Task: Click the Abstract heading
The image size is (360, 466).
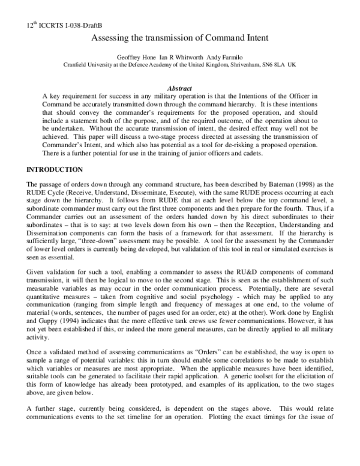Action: click(x=180, y=88)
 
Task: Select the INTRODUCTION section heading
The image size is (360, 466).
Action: click(x=55, y=170)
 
